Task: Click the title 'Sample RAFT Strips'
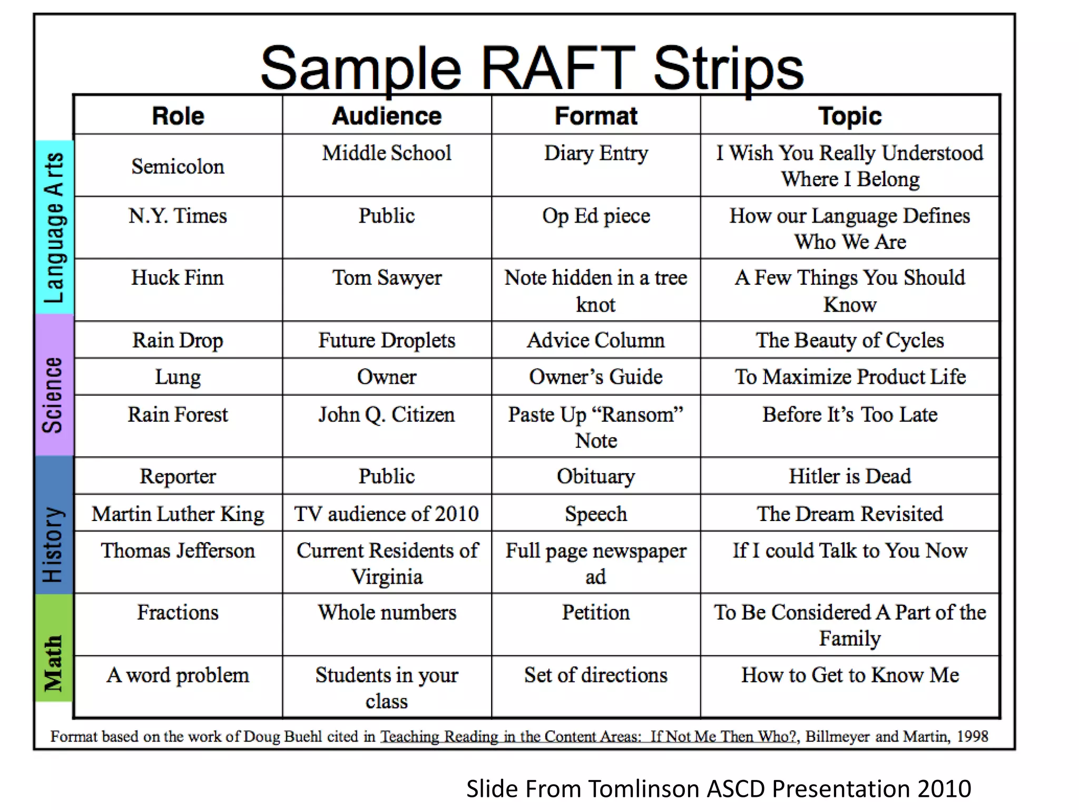click(x=532, y=69)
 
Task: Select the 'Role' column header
click(x=178, y=116)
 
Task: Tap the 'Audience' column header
click(x=387, y=116)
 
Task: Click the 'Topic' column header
click(x=850, y=116)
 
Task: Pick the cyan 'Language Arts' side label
click(x=54, y=228)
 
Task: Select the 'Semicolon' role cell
click(x=178, y=167)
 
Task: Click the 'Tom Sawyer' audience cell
click(x=387, y=278)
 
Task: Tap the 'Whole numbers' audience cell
click(x=387, y=613)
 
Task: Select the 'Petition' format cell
click(x=596, y=613)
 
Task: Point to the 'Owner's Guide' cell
click(x=596, y=377)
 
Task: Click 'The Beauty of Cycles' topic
click(x=850, y=341)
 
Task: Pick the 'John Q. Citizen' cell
click(x=387, y=415)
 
